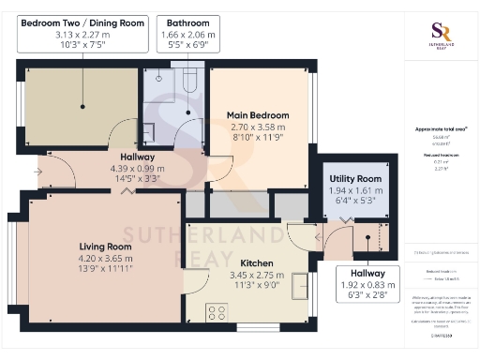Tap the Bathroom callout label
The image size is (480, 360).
(x=188, y=21)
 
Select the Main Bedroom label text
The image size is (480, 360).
(x=258, y=115)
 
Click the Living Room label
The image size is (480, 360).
(x=104, y=247)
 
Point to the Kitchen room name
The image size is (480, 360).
(x=257, y=263)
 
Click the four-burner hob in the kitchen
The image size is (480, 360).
(x=217, y=312)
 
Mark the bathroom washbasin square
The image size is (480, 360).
(x=148, y=130)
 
